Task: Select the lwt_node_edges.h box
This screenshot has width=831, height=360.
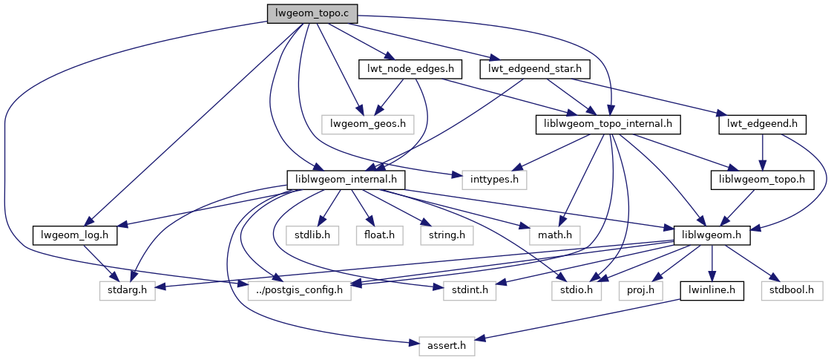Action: (x=410, y=69)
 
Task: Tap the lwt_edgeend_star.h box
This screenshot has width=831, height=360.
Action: (x=536, y=69)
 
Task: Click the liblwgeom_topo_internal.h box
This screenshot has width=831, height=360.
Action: (x=608, y=124)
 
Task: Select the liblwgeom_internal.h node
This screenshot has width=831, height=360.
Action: (x=346, y=179)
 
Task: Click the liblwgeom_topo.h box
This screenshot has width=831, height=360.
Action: (x=763, y=179)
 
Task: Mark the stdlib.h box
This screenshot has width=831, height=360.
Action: (x=312, y=235)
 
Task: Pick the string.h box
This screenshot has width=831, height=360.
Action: (x=446, y=235)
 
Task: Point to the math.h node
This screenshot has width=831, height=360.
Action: (x=554, y=235)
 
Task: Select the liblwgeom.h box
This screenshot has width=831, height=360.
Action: (x=712, y=235)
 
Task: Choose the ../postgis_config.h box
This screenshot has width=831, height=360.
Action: (x=300, y=290)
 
